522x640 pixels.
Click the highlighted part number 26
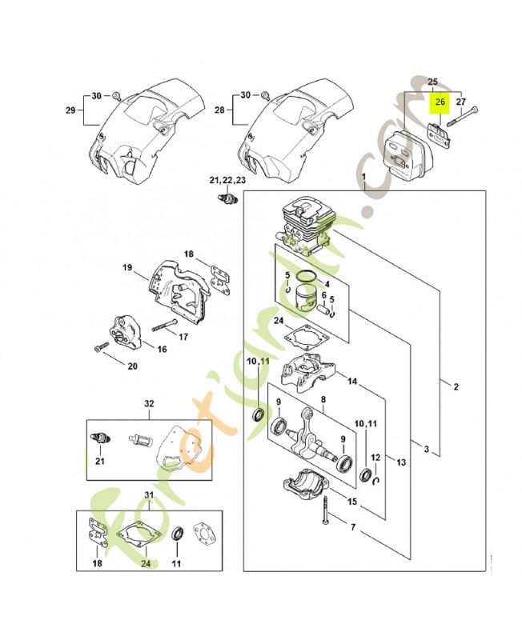click(x=439, y=102)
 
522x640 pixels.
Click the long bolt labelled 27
click(x=464, y=117)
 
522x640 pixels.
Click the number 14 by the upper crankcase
click(x=352, y=382)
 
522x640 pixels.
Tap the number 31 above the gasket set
click(x=147, y=495)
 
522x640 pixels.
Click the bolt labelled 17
click(x=163, y=327)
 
